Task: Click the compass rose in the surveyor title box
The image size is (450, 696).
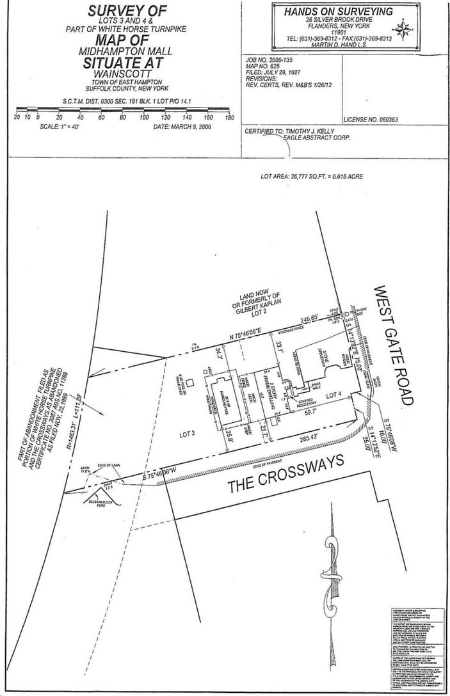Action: [x=404, y=29]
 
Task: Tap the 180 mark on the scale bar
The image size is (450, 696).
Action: [x=229, y=118]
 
